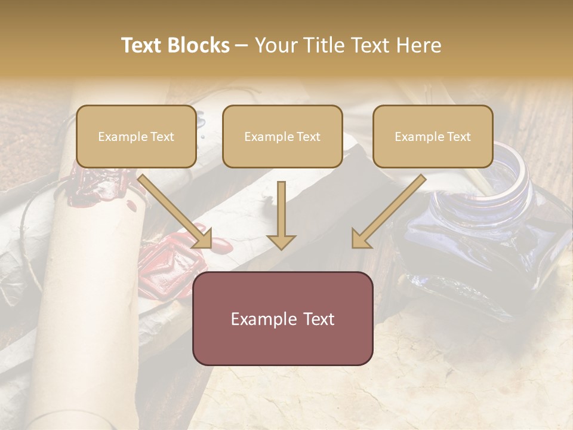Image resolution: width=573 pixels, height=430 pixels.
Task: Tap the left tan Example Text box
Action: pyautogui.click(x=136, y=137)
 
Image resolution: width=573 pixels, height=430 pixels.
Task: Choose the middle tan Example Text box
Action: pyautogui.click(x=282, y=137)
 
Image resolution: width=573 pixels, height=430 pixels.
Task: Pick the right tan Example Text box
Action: pyautogui.click(x=433, y=137)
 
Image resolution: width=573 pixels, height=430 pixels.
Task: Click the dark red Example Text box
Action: pyautogui.click(x=282, y=318)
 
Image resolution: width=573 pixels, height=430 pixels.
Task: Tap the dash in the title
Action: pyautogui.click(x=242, y=45)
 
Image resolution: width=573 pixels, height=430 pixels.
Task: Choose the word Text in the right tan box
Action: pyautogui.click(x=458, y=137)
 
